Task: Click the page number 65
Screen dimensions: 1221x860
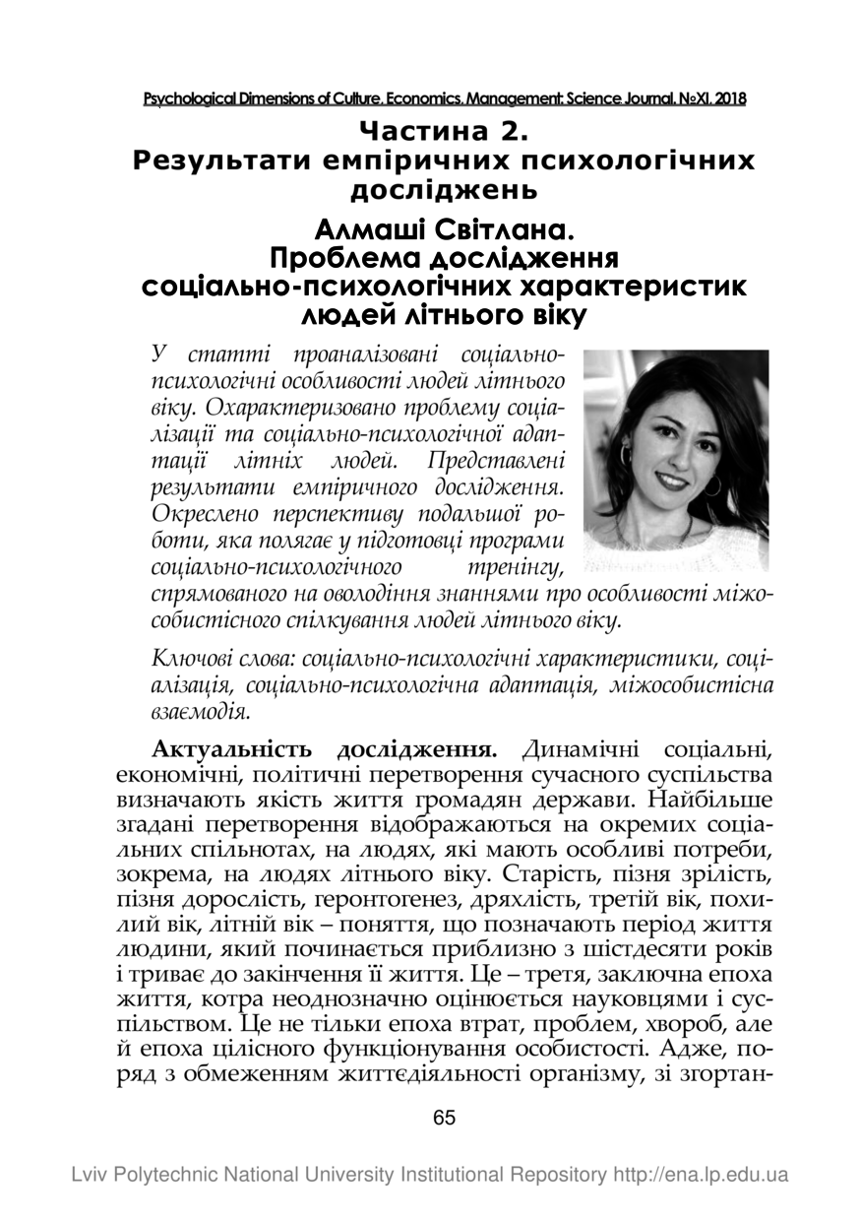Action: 444,1119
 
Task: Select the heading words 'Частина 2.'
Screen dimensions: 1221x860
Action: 445,130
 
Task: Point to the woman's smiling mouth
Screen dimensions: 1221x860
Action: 670,482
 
